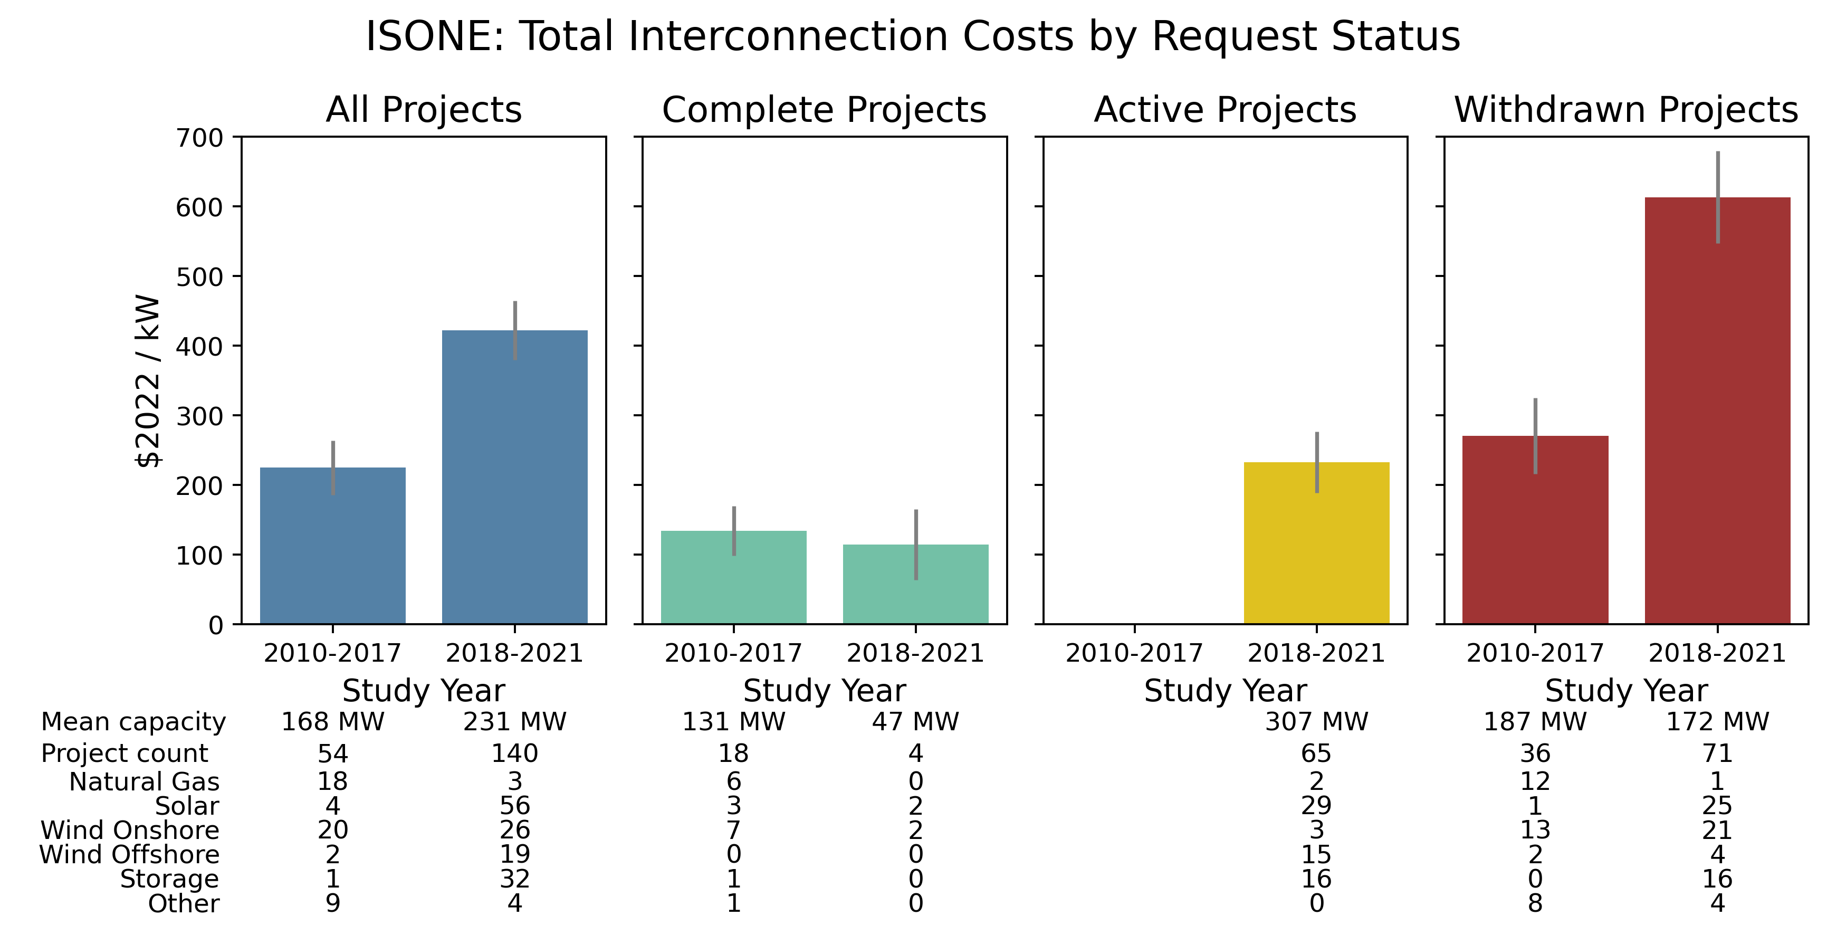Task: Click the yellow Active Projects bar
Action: [x=1316, y=543]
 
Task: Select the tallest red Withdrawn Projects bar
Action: [x=1717, y=412]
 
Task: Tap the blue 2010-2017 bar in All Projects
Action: [x=332, y=546]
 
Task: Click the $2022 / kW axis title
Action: [x=148, y=380]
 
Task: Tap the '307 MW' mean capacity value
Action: [x=1316, y=721]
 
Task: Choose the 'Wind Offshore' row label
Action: [x=129, y=855]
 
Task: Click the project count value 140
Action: [x=514, y=752]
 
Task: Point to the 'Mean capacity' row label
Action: [x=133, y=721]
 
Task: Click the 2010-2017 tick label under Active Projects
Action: [x=1134, y=653]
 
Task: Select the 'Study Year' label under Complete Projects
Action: [x=824, y=690]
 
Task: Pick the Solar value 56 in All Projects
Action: [x=514, y=806]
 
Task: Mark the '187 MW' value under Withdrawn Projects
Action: [x=1535, y=721]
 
